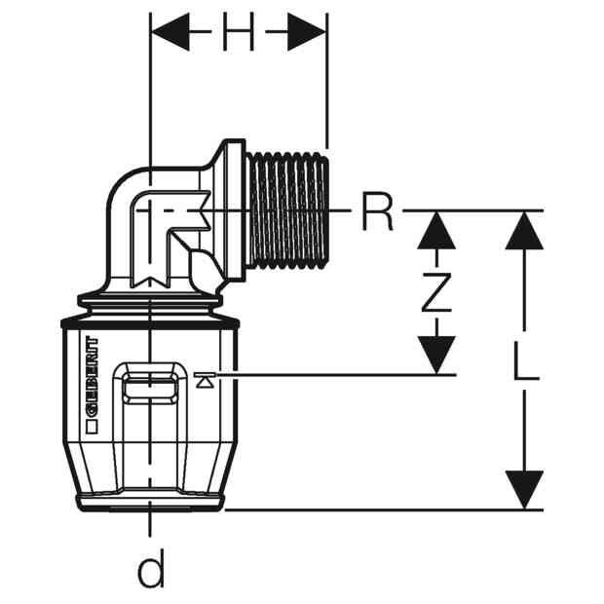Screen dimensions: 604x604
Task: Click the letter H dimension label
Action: pos(239,31)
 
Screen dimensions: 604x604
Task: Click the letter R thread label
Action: pos(377,211)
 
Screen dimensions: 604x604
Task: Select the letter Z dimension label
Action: pos(436,292)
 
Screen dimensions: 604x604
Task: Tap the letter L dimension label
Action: pos(526,361)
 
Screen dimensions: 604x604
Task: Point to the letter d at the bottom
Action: pos(151,567)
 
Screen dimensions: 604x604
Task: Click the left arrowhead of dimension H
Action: pos(170,31)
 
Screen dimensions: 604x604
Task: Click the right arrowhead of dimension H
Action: pos(307,31)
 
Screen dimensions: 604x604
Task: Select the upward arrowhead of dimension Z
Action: pos(436,230)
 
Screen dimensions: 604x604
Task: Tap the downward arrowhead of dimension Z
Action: pos(436,355)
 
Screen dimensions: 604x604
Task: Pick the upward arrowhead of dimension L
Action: pos(524,230)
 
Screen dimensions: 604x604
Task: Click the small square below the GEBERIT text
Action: pos(92,428)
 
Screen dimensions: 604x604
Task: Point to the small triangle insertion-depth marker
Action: pos(205,380)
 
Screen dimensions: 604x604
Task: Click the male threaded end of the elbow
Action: pos(288,211)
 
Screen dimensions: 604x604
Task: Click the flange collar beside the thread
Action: pos(235,211)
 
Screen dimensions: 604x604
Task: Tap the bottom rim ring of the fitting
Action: pos(151,503)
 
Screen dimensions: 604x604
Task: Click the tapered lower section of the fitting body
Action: pos(151,467)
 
